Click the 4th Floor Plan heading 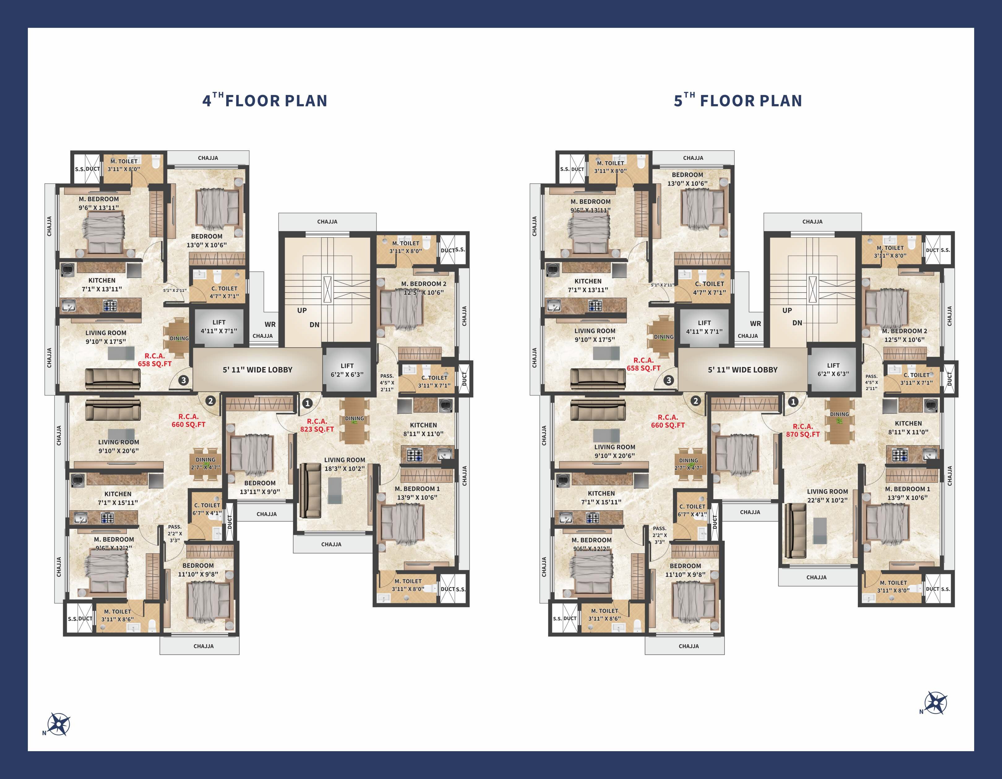point(265,101)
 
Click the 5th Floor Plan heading point(738,101)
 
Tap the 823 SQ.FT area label point(317,426)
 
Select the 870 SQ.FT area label point(802,430)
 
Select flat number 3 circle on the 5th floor point(669,380)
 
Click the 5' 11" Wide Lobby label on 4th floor point(257,370)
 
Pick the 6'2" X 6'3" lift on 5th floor point(833,370)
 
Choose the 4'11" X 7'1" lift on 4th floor point(219,327)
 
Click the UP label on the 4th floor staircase point(302,310)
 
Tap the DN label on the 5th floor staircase point(798,323)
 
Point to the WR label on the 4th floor point(270,324)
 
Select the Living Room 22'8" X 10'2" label point(827,496)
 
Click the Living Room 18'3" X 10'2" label point(345,464)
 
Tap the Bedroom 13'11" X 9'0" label point(260,487)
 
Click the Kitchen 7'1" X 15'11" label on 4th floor point(118,498)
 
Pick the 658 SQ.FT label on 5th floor point(644,364)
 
